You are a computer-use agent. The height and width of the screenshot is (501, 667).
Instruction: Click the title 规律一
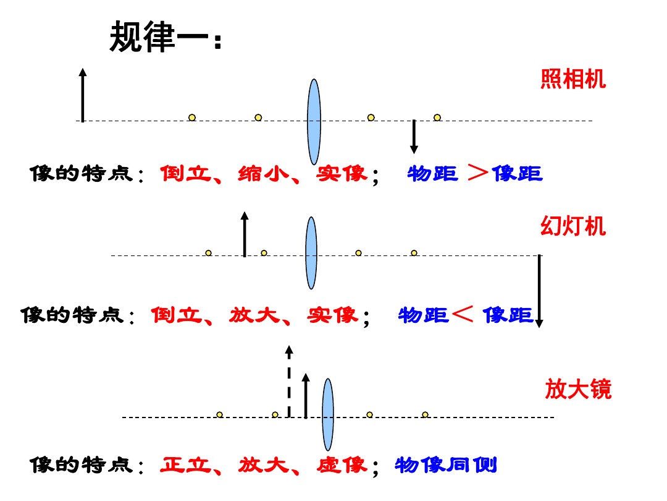[x=165, y=38]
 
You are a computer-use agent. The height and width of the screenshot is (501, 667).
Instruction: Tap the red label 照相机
[x=573, y=79]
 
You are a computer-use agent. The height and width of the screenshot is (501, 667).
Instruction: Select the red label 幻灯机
[x=573, y=226]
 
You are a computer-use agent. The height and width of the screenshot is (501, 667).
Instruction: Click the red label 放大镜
[x=578, y=389]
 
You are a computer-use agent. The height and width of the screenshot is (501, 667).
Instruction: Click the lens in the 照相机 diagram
[x=314, y=122]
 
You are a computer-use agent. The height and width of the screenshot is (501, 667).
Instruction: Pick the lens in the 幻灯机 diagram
[x=311, y=253]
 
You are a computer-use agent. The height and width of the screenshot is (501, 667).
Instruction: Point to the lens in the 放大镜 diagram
[x=327, y=414]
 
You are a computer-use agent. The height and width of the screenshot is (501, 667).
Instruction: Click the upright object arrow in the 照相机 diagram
[x=83, y=95]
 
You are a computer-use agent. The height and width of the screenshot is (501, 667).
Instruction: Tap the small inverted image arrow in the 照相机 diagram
[x=414, y=137]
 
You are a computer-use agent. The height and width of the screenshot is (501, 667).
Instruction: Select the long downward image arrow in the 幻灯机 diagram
[x=539, y=291]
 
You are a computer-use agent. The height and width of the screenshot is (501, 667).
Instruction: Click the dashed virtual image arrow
[x=289, y=381]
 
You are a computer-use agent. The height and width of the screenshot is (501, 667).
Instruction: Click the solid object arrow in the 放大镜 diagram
[x=306, y=396]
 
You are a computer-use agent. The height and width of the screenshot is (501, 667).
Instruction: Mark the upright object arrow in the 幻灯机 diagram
[x=245, y=234]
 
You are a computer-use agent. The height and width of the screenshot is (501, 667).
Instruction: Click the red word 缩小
[x=263, y=173]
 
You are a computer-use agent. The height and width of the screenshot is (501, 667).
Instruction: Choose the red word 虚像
[x=342, y=465]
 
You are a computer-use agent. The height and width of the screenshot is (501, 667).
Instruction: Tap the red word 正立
[x=186, y=465]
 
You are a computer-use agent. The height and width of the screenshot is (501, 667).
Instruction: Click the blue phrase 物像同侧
[x=446, y=465]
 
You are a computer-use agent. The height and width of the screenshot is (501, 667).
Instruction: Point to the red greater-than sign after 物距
[x=477, y=173]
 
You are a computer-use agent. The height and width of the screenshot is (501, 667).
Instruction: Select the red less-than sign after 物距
[x=463, y=314]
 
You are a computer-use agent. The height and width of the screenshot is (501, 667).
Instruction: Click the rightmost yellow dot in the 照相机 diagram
[x=437, y=118]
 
